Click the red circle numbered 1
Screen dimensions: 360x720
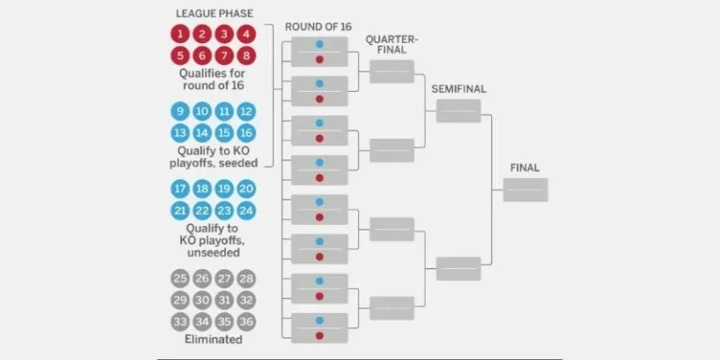pos(179,34)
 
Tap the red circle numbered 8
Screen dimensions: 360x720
pos(247,55)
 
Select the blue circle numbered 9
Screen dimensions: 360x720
pos(179,112)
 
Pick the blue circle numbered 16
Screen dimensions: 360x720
pos(247,133)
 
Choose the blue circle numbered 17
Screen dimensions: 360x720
pos(179,189)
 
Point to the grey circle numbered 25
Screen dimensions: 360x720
pos(179,278)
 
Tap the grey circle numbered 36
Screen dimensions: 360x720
pos(247,322)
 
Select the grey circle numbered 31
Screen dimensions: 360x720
pos(224,300)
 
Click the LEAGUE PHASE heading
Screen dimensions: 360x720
pos(213,13)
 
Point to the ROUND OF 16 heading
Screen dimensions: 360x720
pos(318,26)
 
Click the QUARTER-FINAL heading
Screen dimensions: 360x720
pos(392,44)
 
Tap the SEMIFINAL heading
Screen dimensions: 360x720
pos(459,88)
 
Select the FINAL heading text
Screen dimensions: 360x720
pos(525,168)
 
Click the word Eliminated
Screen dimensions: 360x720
pos(213,339)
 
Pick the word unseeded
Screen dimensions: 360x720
pos(213,252)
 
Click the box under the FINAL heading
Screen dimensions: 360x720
pos(525,190)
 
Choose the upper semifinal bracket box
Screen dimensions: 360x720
pos(458,111)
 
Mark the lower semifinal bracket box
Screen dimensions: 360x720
pos(458,268)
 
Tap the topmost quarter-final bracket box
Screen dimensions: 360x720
pos(392,71)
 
